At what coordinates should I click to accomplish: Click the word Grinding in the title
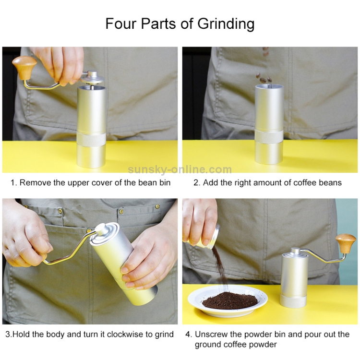[x=226, y=24]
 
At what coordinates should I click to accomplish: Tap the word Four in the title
[x=121, y=23]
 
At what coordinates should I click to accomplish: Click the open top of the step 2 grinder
[x=269, y=86]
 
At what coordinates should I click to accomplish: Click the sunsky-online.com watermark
[x=180, y=169]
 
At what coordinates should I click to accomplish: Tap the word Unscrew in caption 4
[x=211, y=334]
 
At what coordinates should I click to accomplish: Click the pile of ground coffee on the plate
[x=230, y=301]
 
